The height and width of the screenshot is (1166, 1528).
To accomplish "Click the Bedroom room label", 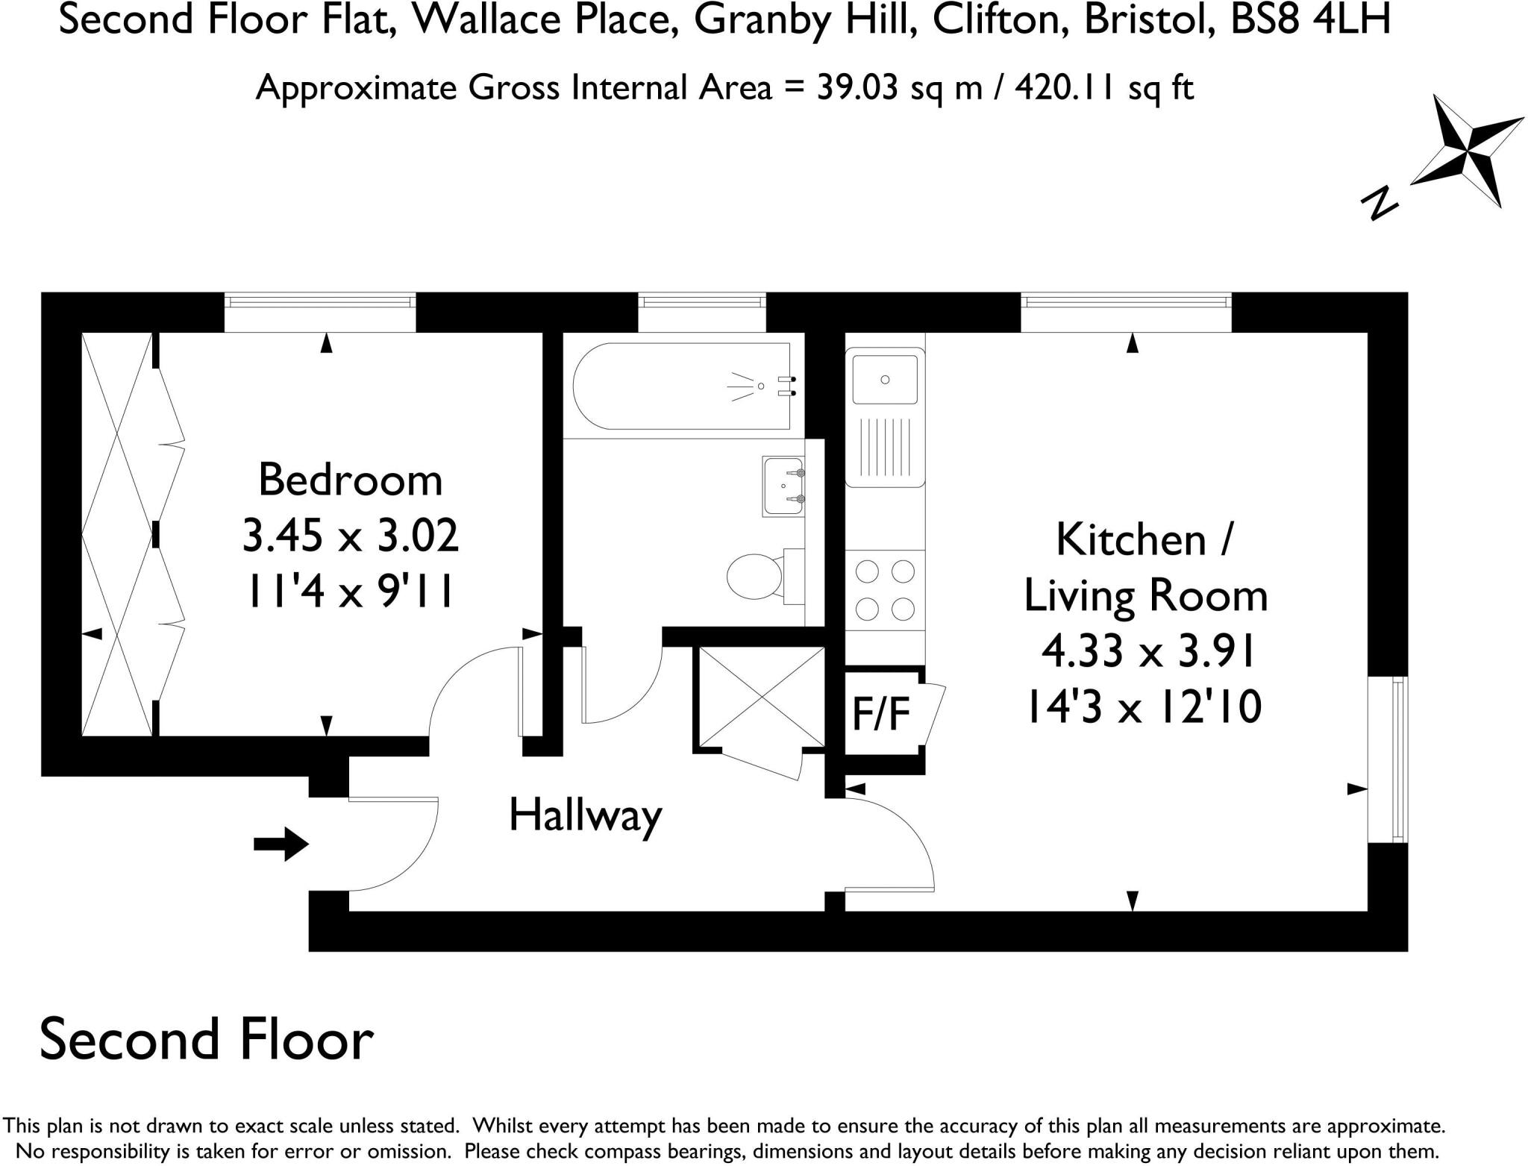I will coord(350,480).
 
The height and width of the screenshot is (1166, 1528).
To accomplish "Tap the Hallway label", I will coord(585,815).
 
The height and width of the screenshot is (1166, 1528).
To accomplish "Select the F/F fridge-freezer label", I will coord(881,713).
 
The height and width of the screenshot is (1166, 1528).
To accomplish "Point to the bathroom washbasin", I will coord(783,486).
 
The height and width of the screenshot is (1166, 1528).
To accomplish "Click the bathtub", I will coord(680,386).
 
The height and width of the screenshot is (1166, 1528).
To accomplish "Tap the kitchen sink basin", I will coord(885,380).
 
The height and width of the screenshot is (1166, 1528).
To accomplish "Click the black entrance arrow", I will coord(281,844).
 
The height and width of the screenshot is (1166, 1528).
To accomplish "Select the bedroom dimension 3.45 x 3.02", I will coord(350,536).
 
